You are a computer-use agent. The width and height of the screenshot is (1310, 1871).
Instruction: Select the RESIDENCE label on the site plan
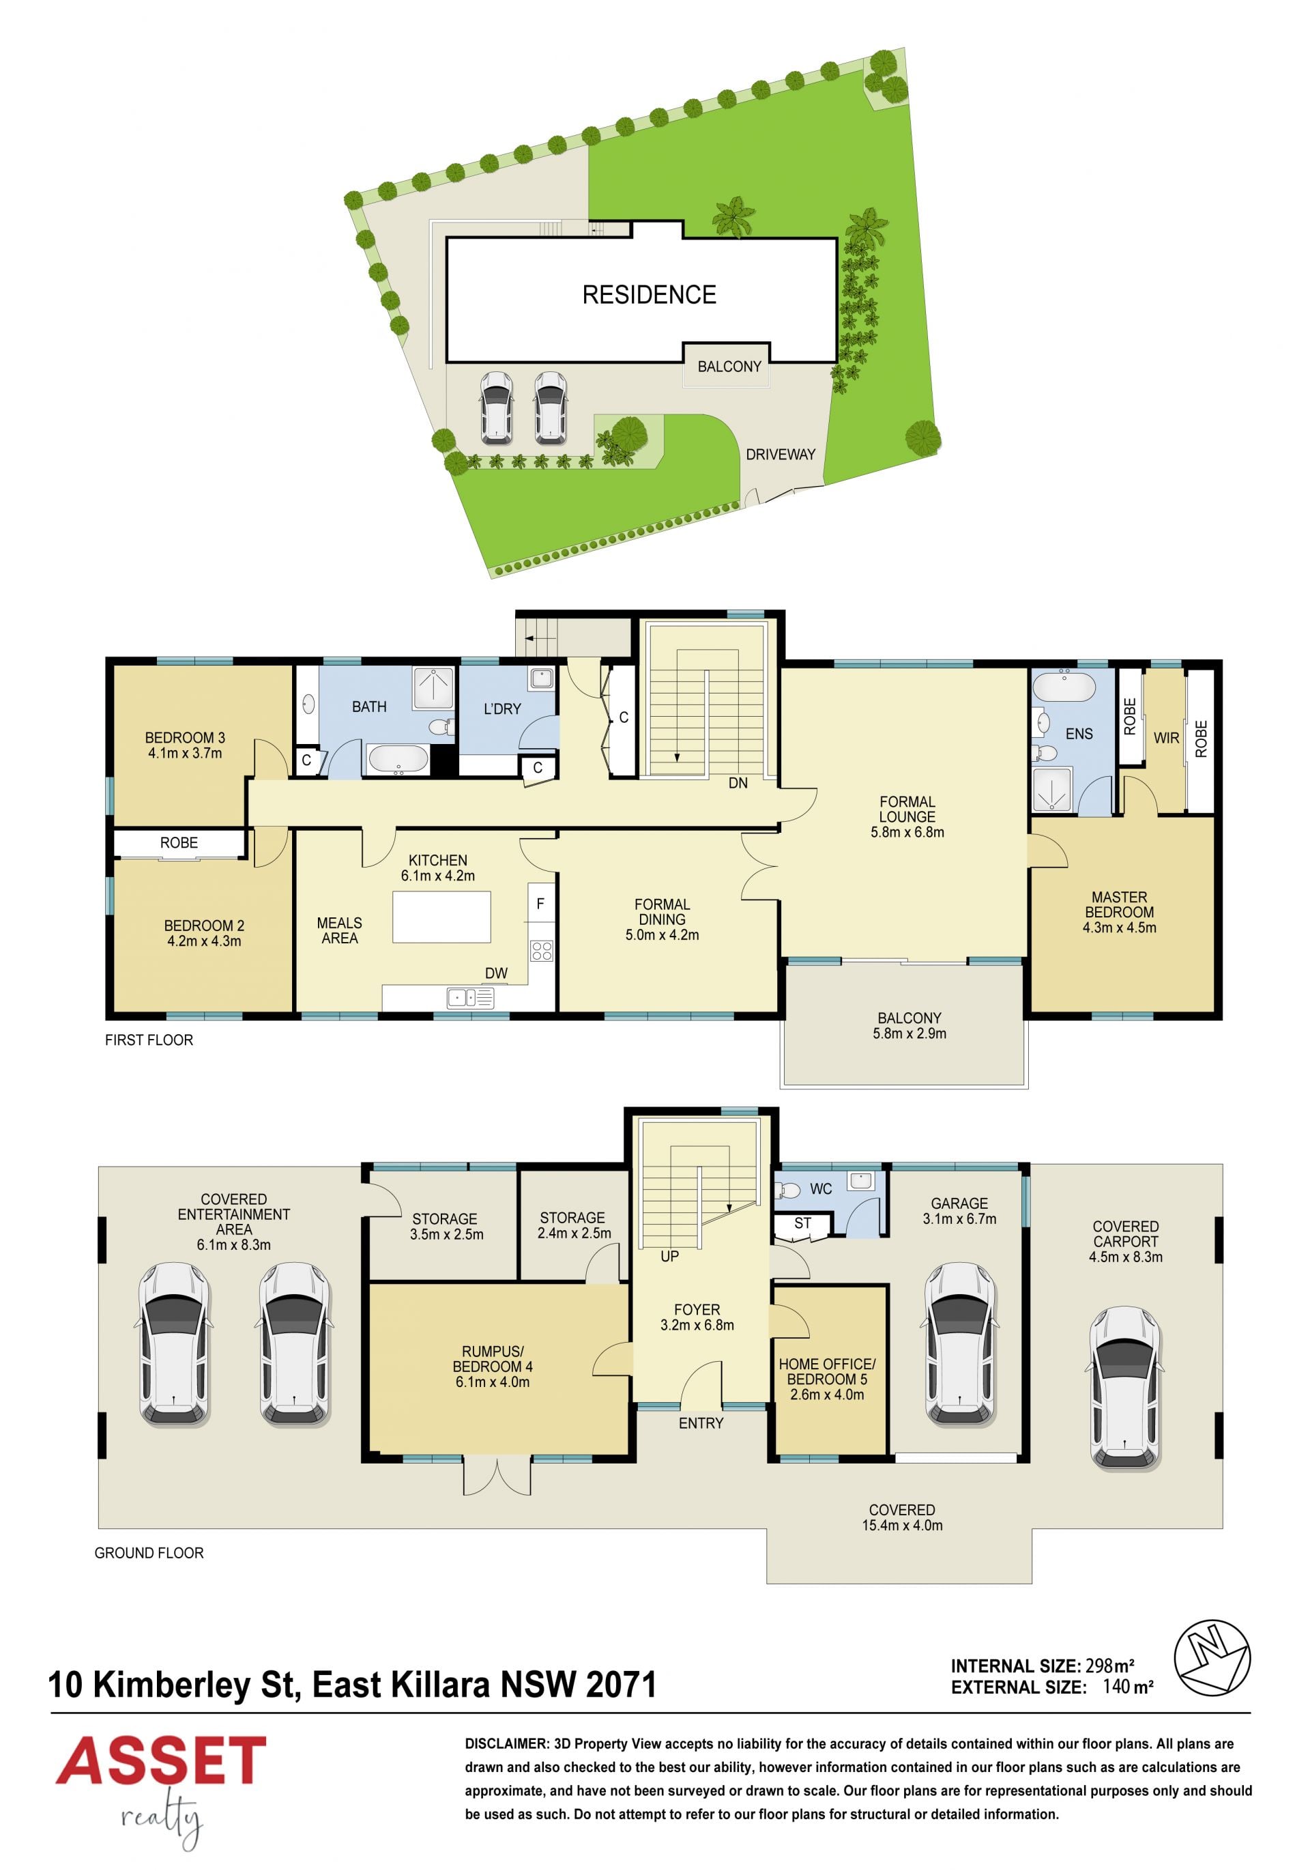click(x=650, y=294)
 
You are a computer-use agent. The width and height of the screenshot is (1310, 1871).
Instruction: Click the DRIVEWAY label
click(x=781, y=454)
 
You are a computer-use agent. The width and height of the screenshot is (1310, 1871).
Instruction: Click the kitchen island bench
click(x=441, y=917)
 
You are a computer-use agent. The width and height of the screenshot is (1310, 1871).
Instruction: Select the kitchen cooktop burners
click(x=542, y=950)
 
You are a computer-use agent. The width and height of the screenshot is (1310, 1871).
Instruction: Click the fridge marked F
click(x=541, y=903)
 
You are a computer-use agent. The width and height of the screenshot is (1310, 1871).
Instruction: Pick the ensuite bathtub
click(x=1064, y=687)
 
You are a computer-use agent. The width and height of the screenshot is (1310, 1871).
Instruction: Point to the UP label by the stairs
click(x=669, y=1257)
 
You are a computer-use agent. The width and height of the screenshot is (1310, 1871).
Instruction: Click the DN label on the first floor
click(x=738, y=783)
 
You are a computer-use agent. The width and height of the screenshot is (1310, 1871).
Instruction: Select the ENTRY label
click(x=701, y=1423)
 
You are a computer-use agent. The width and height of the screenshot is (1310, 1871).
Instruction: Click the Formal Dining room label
click(x=663, y=919)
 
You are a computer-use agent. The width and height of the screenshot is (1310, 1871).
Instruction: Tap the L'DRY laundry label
click(x=502, y=709)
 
